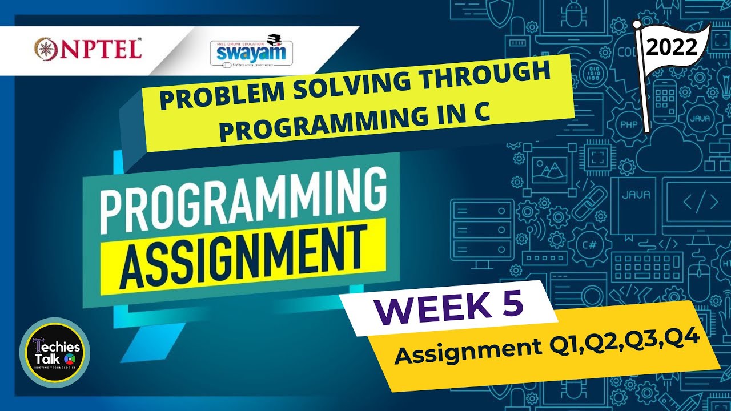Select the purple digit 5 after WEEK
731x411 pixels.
point(512,302)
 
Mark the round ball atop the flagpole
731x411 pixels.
point(637,24)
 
